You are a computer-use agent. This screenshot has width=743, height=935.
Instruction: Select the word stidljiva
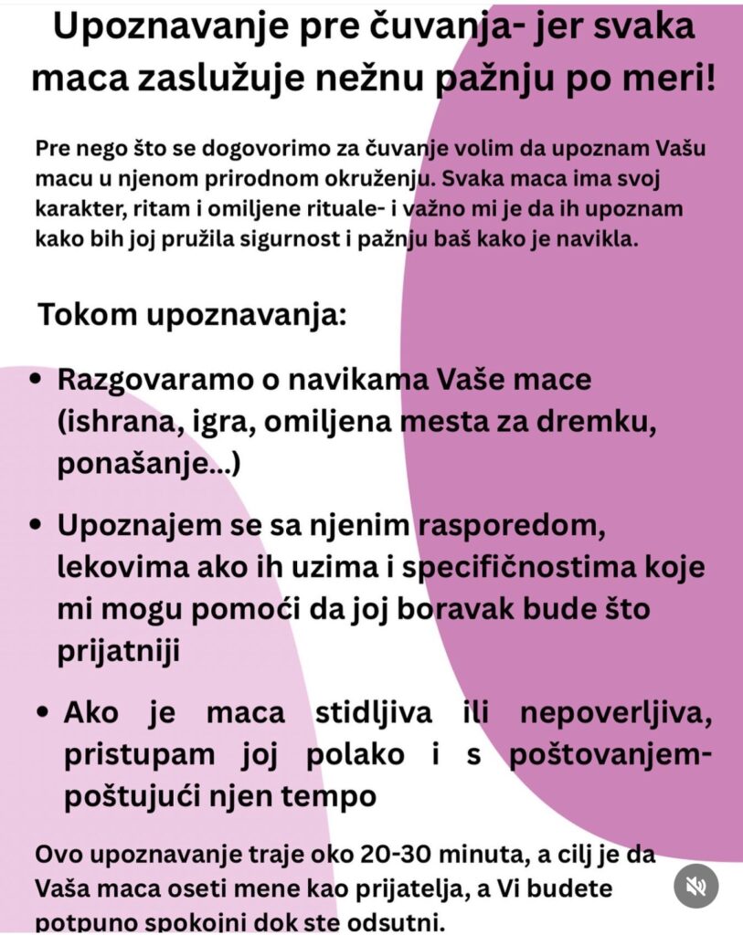(364, 712)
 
